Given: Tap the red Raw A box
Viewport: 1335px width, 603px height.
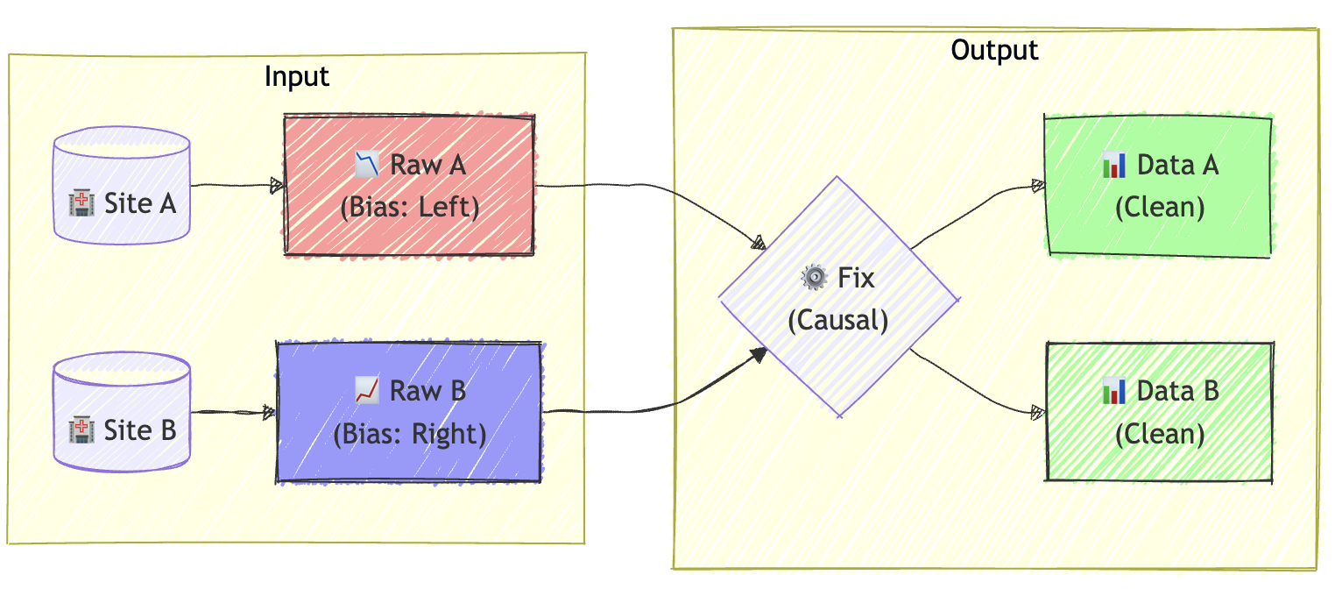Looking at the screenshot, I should point(409,185).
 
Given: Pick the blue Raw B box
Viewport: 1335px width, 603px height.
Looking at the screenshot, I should point(409,412).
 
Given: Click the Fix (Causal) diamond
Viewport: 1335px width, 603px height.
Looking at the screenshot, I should point(838,298).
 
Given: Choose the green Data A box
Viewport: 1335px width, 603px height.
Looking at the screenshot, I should point(1158,186).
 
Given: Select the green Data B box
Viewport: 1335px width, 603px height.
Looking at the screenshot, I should point(1159,412).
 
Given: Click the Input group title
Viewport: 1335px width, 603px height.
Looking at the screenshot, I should point(297,76).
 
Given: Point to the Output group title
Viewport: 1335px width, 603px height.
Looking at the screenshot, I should point(994,50).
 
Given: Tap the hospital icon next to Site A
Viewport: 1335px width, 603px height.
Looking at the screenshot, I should point(81,205).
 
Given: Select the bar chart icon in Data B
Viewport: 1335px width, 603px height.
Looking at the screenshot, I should point(1114,391).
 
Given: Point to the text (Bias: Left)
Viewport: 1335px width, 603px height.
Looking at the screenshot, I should point(409,208).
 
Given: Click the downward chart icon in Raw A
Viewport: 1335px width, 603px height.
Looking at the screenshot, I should point(368,164).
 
